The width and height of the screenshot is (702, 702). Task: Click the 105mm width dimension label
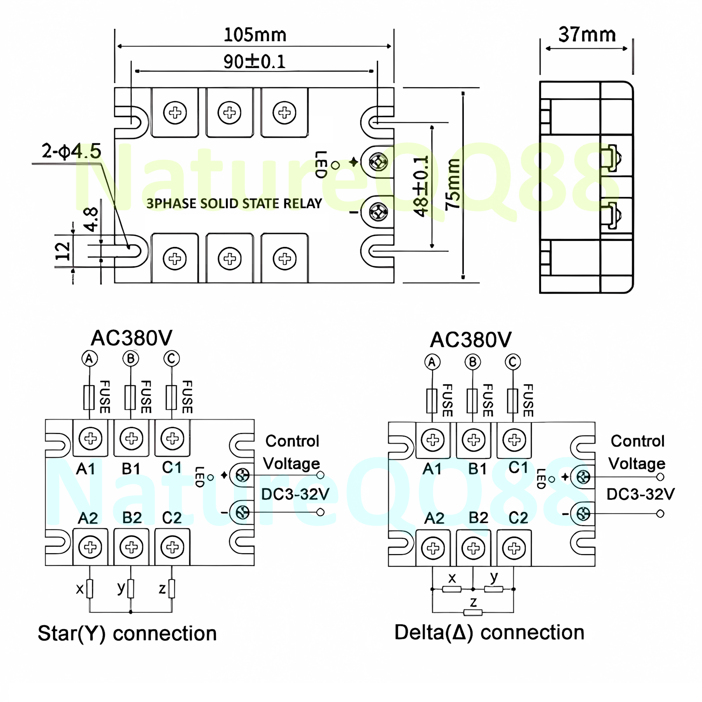[x=255, y=35]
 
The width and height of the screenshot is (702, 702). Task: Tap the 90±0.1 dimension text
[x=254, y=61]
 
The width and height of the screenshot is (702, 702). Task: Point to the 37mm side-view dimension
[x=587, y=35]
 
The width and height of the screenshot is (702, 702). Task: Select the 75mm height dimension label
[x=453, y=184]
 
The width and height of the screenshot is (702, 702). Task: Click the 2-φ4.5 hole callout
[x=72, y=151]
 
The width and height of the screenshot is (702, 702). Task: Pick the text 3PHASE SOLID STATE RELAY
[x=234, y=204]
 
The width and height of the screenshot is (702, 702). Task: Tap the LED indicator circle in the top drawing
[x=336, y=165]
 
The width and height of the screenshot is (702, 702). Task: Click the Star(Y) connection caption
[x=127, y=634]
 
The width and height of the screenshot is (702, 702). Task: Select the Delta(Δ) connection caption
[x=489, y=633]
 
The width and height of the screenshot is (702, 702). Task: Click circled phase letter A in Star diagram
[x=90, y=359]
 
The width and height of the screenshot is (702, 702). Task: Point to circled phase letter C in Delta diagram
[x=513, y=362]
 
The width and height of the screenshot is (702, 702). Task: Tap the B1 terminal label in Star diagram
[x=131, y=469]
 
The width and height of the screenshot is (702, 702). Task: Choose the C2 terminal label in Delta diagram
[x=518, y=518]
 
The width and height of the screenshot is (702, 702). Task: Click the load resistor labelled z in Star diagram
[x=172, y=589]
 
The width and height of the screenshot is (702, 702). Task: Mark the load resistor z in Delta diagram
[x=473, y=612]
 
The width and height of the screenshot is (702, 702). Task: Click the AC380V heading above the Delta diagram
[x=471, y=340]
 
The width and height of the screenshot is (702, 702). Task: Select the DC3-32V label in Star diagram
[x=295, y=494]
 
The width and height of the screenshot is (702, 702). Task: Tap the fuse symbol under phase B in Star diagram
[x=130, y=397]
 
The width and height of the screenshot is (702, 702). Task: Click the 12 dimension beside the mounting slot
[x=63, y=251]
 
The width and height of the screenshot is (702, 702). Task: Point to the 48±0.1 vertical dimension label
[x=421, y=186]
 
